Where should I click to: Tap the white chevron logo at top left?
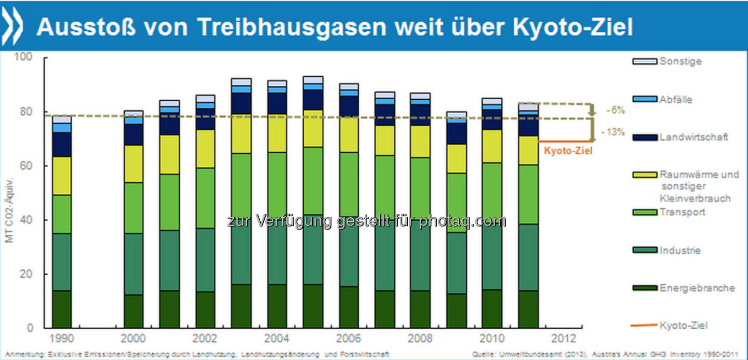point(14,26)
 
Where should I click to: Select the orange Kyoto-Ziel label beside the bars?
point(567,151)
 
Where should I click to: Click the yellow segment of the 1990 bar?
point(62,176)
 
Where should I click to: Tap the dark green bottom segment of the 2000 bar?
point(134,311)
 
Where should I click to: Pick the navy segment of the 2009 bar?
point(456,134)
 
